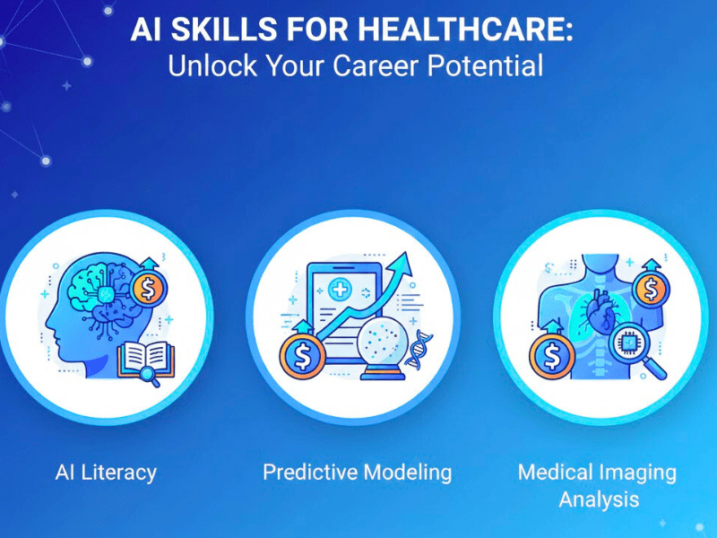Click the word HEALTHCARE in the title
point(466,29)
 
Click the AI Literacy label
point(105,472)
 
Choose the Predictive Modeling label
point(358,472)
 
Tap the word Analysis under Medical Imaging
point(599,499)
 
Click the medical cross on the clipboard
point(340,290)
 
